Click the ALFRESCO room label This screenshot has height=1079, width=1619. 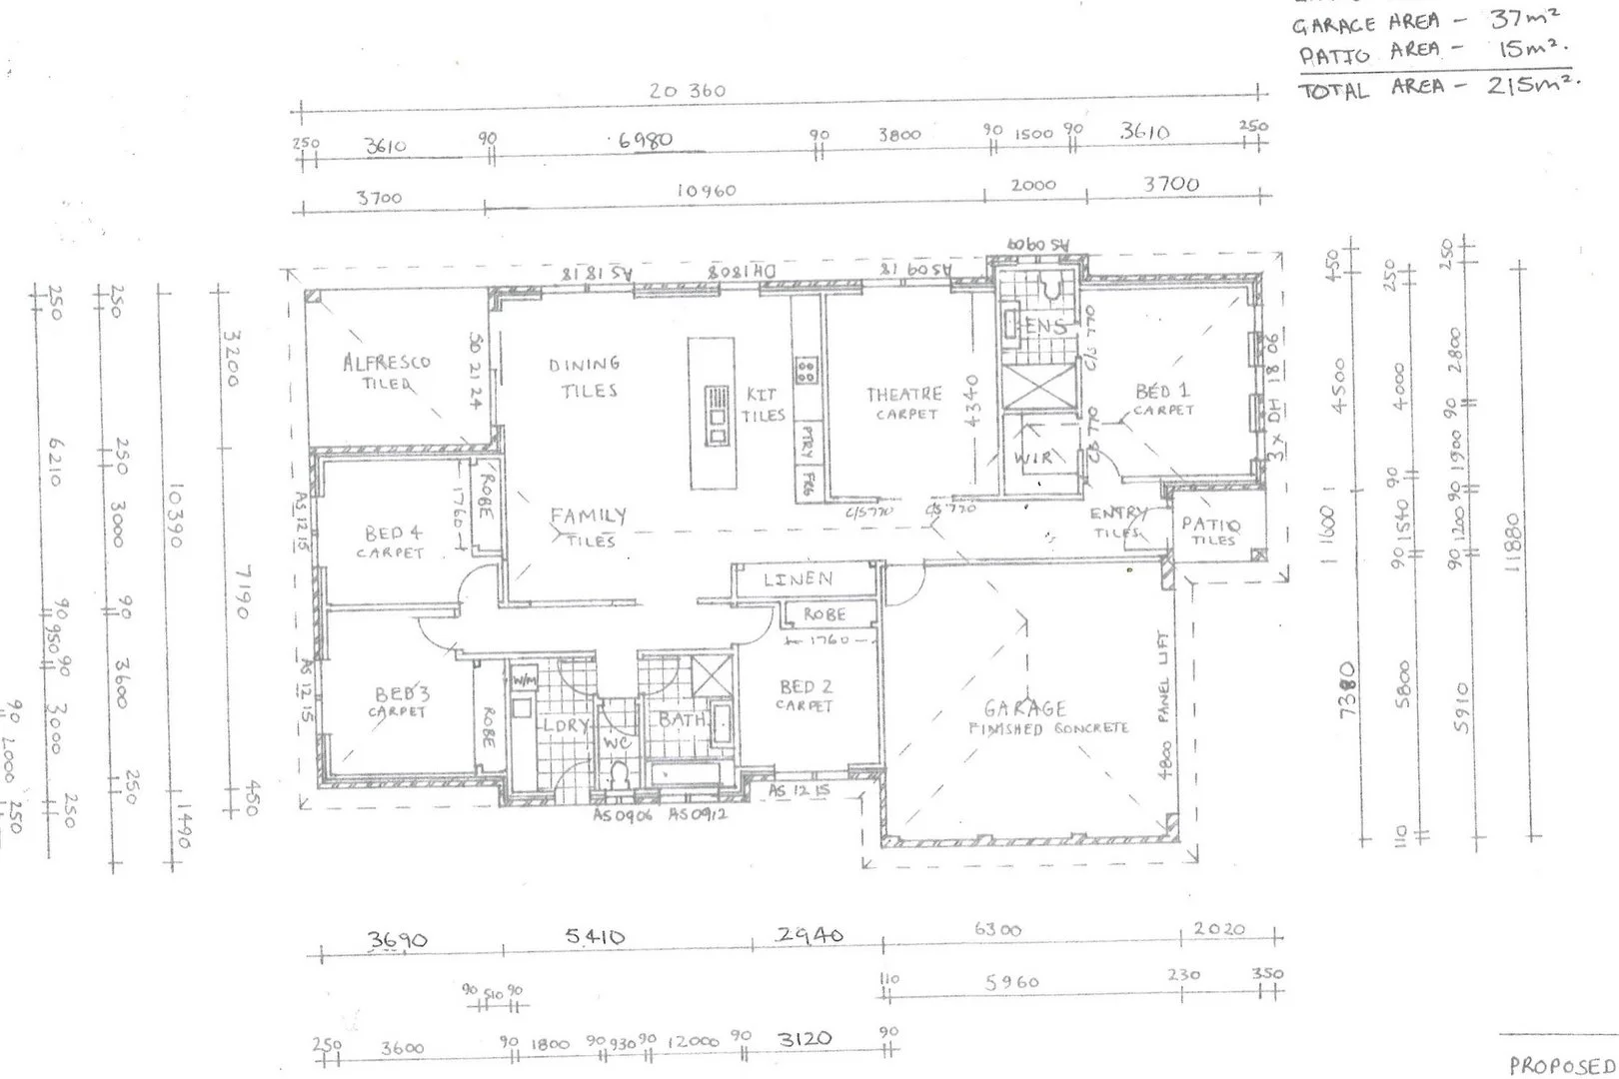tap(386, 362)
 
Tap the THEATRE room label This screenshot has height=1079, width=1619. tap(904, 395)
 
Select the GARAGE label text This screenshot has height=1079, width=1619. tap(1024, 709)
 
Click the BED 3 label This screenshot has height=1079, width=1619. tap(402, 694)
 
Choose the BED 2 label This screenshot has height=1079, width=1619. tap(806, 687)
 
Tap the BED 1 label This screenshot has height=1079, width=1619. tap(1162, 392)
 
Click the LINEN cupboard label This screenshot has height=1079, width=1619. tap(798, 579)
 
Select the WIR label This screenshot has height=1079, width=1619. tap(1033, 459)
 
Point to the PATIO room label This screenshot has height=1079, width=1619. tap(1210, 525)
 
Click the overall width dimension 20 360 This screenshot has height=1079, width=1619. tap(687, 91)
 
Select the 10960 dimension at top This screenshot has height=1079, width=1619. tap(706, 190)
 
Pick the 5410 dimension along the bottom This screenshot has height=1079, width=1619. tap(595, 937)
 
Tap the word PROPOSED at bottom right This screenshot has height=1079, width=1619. tap(1562, 1065)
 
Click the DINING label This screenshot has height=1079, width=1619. tap(584, 365)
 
